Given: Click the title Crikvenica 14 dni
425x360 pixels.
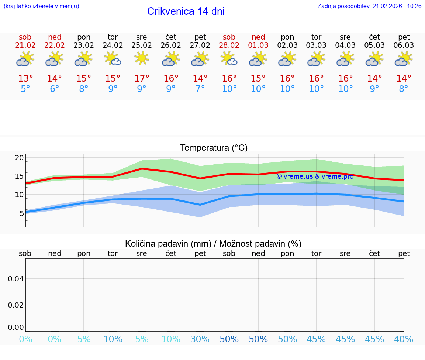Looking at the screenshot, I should point(186,11).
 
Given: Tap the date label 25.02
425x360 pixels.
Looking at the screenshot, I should point(142,45).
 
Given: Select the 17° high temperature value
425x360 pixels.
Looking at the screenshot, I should point(142,79).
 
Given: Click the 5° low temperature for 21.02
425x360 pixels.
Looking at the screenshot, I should point(25,89).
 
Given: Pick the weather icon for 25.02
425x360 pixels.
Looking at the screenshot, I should point(142,58).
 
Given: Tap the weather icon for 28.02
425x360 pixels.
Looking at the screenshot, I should point(229,58).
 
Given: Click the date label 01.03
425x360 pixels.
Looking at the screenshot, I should point(258,45).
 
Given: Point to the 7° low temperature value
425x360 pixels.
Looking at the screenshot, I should point(200,89).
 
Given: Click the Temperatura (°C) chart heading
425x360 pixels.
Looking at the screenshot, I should point(214,148).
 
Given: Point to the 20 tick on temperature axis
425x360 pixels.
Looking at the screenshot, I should point(19,158).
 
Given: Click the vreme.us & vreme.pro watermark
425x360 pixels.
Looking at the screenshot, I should point(315,176).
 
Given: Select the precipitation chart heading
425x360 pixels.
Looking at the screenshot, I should point(213,244).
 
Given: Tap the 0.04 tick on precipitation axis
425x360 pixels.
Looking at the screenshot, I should point(16,279).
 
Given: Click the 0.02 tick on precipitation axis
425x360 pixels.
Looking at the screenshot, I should point(16,305).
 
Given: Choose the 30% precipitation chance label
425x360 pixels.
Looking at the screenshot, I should point(200,339).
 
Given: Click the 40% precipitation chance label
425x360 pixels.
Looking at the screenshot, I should point(404,339).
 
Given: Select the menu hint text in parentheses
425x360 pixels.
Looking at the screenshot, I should point(41,6).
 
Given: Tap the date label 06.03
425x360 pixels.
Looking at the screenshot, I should point(404,45).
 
